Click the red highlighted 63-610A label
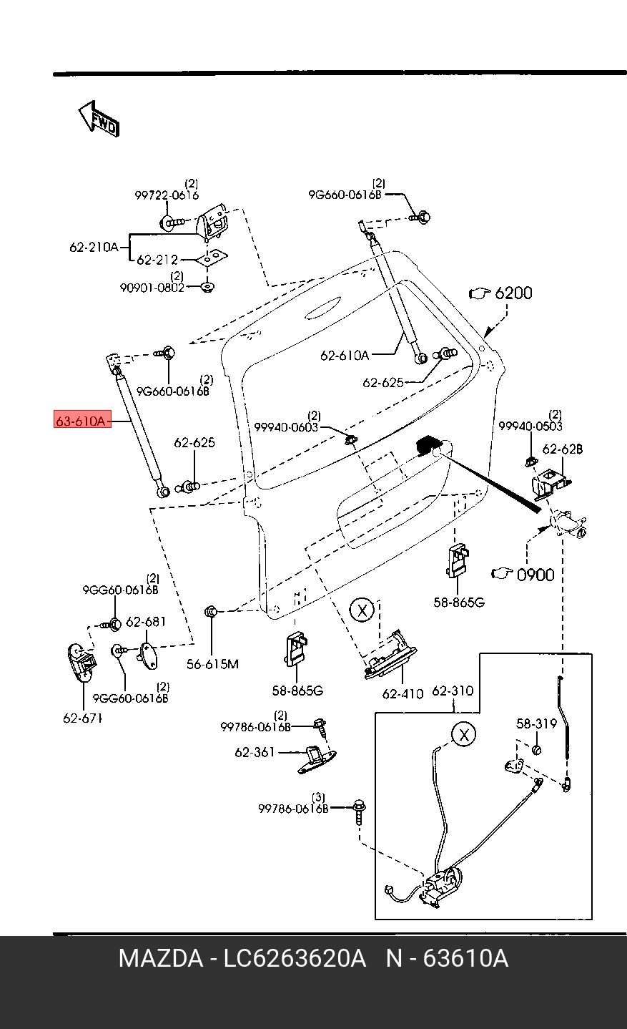(x=82, y=421)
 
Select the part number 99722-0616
(x=167, y=195)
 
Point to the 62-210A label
(x=94, y=248)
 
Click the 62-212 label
(x=157, y=260)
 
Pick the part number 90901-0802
(x=152, y=288)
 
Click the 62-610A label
(x=345, y=355)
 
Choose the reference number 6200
(x=513, y=293)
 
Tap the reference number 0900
(x=535, y=574)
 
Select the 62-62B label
(x=562, y=449)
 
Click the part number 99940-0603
(x=286, y=427)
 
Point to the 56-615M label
(x=212, y=664)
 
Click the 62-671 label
(x=82, y=718)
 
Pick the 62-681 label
(x=146, y=622)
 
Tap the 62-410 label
(x=403, y=693)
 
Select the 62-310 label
(x=453, y=691)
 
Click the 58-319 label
(x=536, y=724)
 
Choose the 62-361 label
(x=255, y=752)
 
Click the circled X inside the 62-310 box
(x=464, y=734)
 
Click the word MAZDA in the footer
(x=160, y=958)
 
